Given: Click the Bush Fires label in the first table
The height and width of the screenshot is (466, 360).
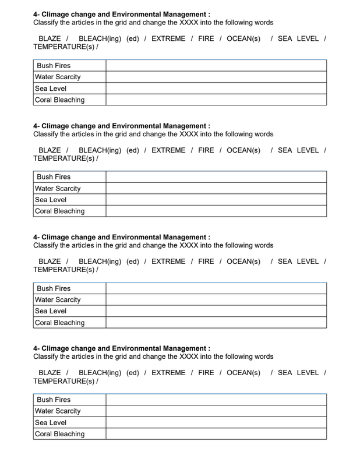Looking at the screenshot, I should pyautogui.click(x=54, y=66).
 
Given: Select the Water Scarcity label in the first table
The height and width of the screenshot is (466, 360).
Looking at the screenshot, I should pyautogui.click(x=58, y=77).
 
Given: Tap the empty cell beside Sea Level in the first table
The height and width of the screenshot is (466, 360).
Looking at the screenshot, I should pyautogui.click(x=216, y=89).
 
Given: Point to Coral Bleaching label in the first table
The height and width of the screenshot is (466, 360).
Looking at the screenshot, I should pyautogui.click(x=59, y=100).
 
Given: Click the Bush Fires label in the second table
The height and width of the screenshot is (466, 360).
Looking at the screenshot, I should pyautogui.click(x=54, y=177).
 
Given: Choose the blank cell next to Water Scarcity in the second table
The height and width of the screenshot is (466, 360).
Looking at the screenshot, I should pyautogui.click(x=216, y=189).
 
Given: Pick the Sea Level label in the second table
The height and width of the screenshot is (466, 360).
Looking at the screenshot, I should pyautogui.click(x=51, y=200).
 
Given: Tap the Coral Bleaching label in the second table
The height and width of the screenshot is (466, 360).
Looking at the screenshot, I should pyautogui.click(x=59, y=211).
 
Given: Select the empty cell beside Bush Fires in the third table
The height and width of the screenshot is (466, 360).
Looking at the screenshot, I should pyautogui.click(x=216, y=288).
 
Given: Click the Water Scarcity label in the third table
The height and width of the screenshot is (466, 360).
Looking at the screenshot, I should pyautogui.click(x=58, y=300).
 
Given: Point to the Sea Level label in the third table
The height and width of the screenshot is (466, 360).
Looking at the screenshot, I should pyautogui.click(x=51, y=311).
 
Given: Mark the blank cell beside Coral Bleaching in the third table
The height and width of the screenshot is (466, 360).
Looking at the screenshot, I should pyautogui.click(x=216, y=323).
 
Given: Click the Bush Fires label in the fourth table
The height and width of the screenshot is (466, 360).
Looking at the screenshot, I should pyautogui.click(x=54, y=400).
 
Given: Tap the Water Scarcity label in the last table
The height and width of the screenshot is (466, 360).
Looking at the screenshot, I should pyautogui.click(x=58, y=411).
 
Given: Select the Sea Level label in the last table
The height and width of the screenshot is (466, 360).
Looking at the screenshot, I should pyautogui.click(x=51, y=422).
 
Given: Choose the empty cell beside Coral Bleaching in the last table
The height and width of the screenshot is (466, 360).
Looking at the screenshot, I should pyautogui.click(x=216, y=434).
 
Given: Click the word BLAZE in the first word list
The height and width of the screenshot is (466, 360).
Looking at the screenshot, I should pyautogui.click(x=50, y=38).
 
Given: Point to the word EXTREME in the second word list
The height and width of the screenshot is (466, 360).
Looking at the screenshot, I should pyautogui.click(x=168, y=150).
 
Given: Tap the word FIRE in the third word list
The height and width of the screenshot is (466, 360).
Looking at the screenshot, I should pyautogui.click(x=206, y=262).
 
